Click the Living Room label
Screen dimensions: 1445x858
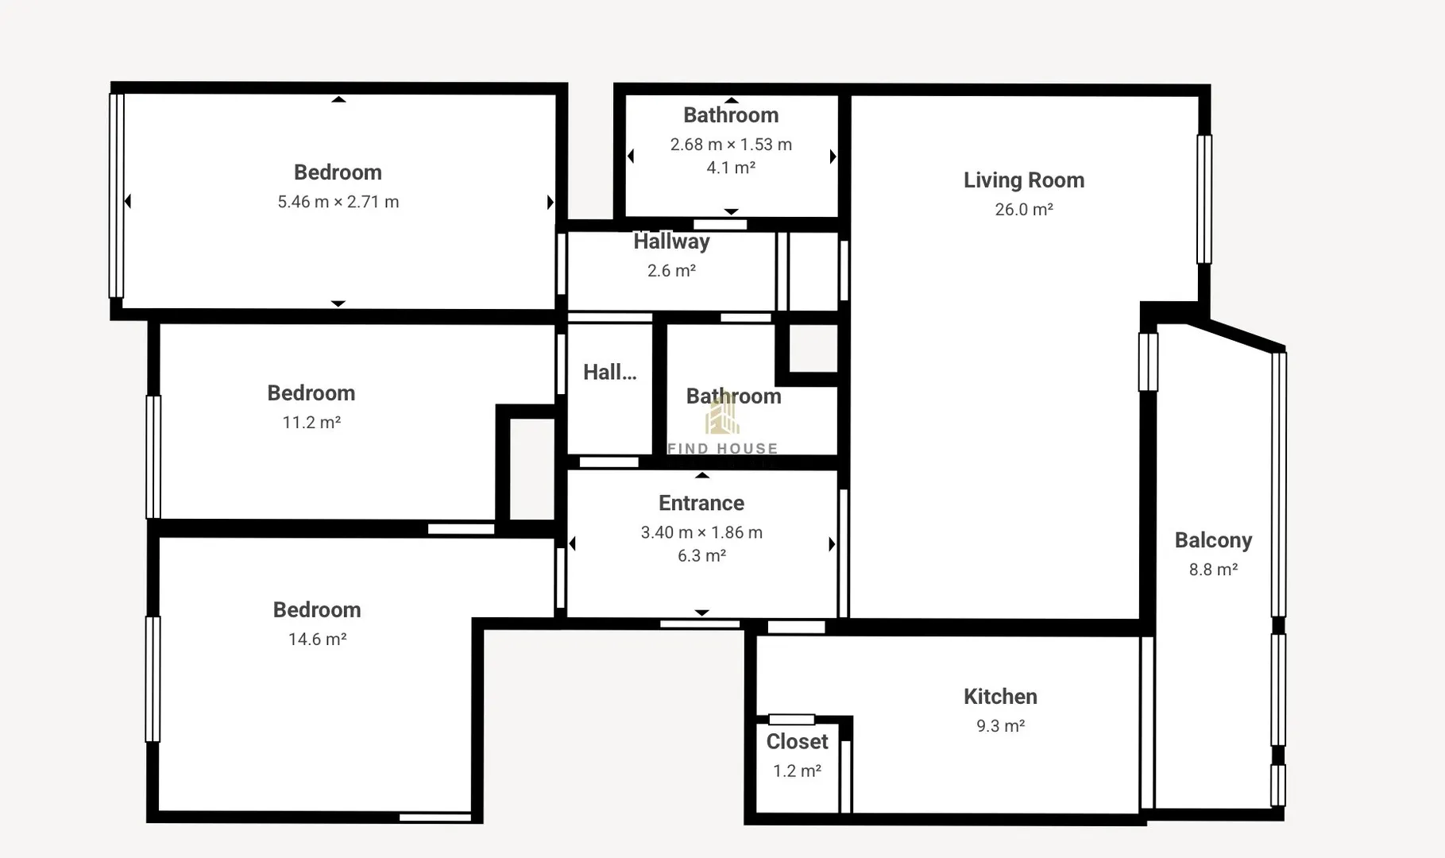coord(1024,180)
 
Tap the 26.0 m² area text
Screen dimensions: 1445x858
coord(1024,210)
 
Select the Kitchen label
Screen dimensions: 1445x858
coord(1000,697)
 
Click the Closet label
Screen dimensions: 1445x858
coord(797,741)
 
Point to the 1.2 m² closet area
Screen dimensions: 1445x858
coord(797,771)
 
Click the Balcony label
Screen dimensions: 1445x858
coord(1213,540)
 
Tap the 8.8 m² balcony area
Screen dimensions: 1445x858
coord(1213,570)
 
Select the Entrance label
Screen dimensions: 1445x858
coord(701,503)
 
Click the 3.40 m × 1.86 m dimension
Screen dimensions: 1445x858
coord(701,532)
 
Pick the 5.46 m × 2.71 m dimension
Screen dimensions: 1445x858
coord(338,202)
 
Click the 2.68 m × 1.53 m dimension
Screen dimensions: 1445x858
coord(731,145)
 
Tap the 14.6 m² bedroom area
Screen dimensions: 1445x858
coord(317,640)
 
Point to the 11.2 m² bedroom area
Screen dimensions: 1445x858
coord(311,423)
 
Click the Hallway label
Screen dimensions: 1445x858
coord(671,242)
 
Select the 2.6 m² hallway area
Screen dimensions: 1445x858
coord(671,271)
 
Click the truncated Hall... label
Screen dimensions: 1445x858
coord(609,372)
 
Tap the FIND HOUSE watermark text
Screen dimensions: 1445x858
coord(722,449)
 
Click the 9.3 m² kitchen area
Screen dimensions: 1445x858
coord(1000,726)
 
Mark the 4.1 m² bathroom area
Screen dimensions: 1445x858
coord(731,168)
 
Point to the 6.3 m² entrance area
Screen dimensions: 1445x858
coord(701,555)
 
